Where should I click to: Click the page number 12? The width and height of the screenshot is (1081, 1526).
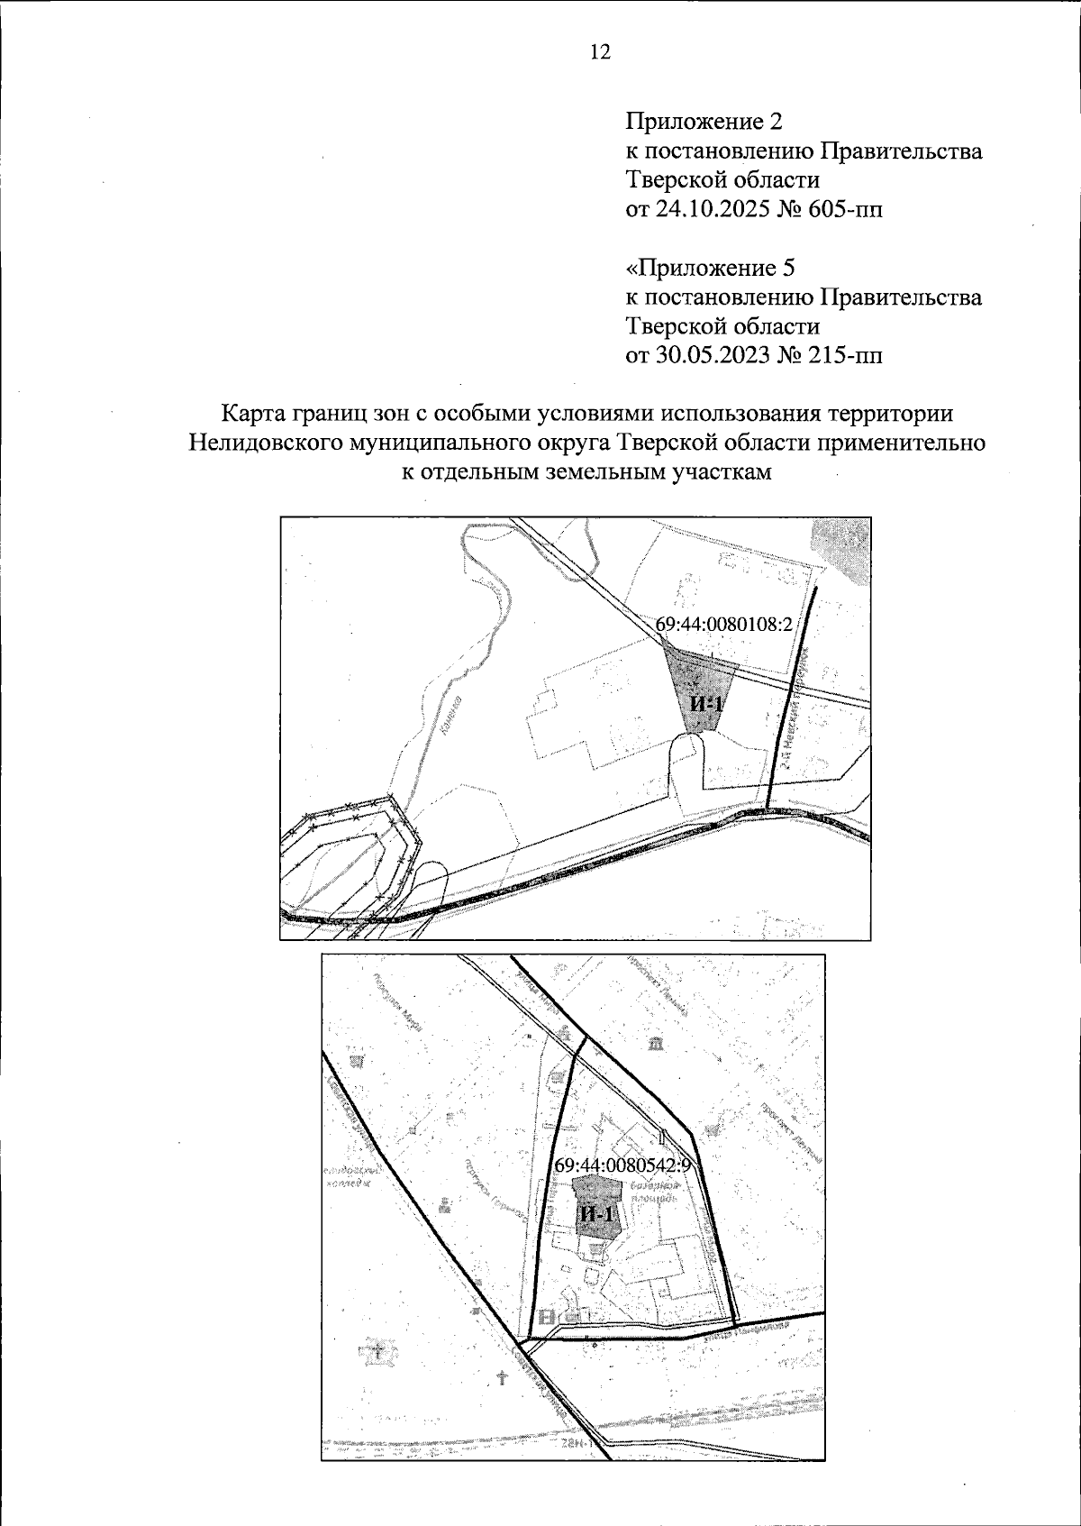[599, 52]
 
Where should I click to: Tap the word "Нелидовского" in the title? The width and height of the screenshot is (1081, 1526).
[271, 443]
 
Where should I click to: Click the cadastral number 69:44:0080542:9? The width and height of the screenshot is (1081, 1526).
[622, 1165]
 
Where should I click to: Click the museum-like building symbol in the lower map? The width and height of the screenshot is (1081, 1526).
[656, 1044]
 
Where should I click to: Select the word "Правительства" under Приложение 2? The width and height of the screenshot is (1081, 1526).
[904, 151]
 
